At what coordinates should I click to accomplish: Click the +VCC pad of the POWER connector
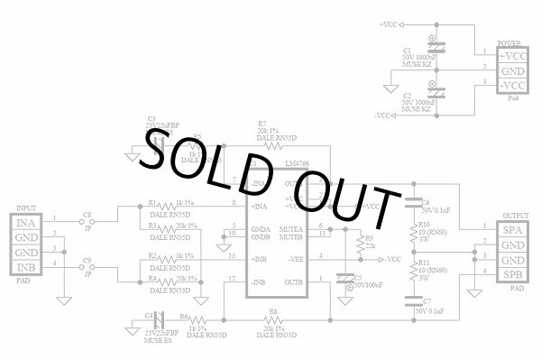tap(512, 55)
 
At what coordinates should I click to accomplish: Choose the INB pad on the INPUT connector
tap(26, 268)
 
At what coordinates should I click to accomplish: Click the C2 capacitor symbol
tap(436, 91)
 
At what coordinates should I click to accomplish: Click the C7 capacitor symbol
tap(416, 304)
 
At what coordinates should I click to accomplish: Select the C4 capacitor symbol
tap(159, 318)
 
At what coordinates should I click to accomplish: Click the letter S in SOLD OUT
tap(163, 159)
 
